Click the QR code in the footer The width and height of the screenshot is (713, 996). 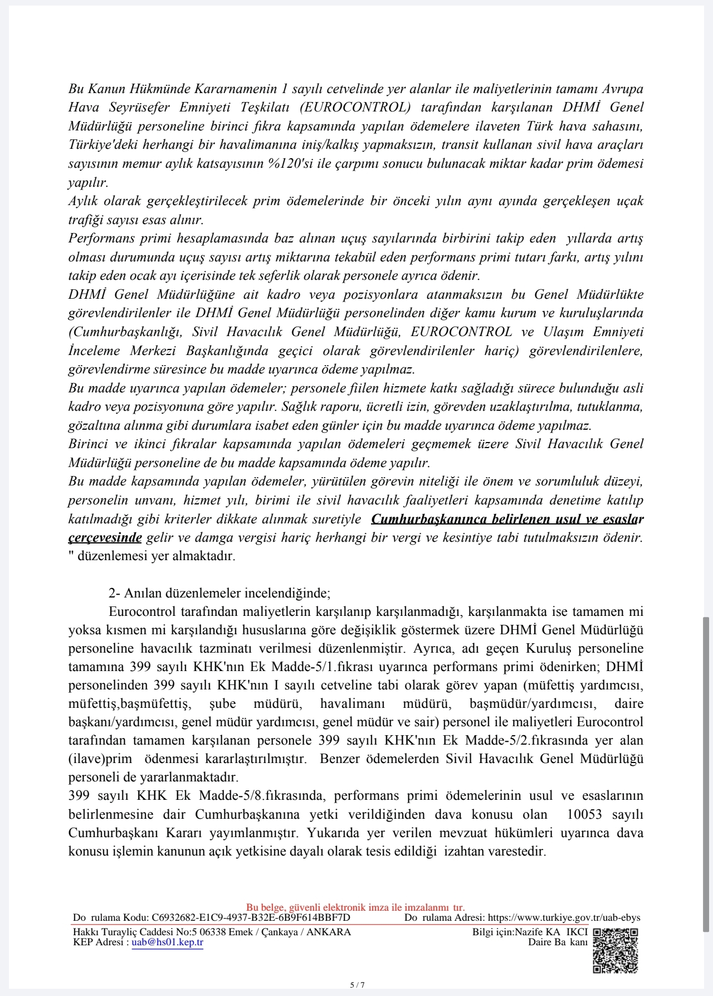click(x=616, y=951)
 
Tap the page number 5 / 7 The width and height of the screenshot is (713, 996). click(x=357, y=984)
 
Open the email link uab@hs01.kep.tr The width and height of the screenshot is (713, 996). click(x=167, y=942)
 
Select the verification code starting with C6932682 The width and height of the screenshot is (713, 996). click(x=251, y=917)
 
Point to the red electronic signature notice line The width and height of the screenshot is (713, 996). click(x=355, y=907)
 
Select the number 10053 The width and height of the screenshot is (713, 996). click(x=584, y=814)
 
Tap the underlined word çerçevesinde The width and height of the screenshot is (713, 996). click(x=105, y=538)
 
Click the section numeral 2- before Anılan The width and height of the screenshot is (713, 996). click(x=114, y=593)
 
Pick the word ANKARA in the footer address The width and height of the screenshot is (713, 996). click(x=329, y=932)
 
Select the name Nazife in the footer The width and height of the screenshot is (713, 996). click(x=529, y=932)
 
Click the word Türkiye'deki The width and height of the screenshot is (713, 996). click(x=102, y=145)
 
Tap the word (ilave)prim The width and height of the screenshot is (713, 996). click(x=100, y=759)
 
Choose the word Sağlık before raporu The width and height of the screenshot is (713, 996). click(x=299, y=407)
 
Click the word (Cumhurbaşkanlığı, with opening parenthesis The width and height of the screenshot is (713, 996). click(x=125, y=332)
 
